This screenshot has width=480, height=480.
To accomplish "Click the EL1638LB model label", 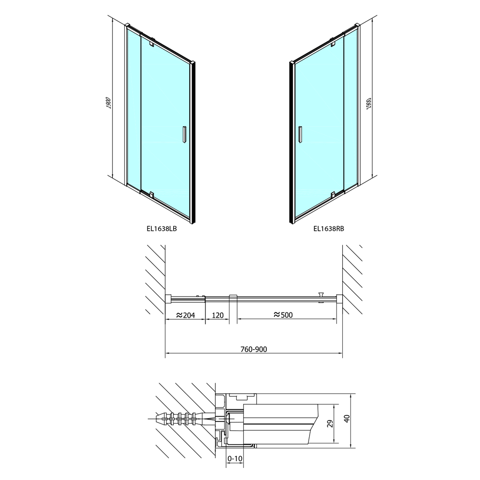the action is point(162,228).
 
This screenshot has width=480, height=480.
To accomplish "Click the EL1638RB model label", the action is point(329,228).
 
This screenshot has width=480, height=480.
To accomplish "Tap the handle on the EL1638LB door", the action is point(184,134).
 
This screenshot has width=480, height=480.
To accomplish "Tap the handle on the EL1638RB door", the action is point(300,134).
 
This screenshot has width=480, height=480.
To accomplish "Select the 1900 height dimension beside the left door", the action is point(108,104).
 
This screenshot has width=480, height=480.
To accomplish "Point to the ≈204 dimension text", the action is point(186,315).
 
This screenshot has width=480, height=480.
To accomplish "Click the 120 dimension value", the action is point(217,315).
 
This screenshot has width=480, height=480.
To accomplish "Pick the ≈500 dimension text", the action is point(283,315).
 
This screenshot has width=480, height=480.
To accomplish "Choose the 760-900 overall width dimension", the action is point(254,349).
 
